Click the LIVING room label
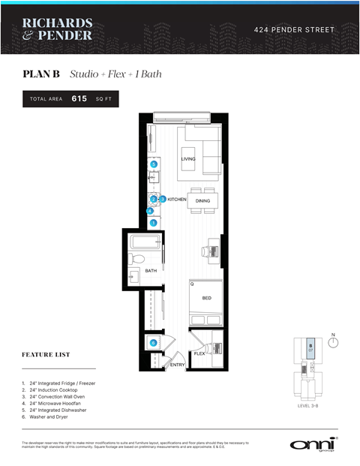(187, 159)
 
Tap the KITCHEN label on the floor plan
(176, 199)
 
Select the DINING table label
(202, 201)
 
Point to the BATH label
(151, 270)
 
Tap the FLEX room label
(199, 353)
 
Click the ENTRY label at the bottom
(177, 365)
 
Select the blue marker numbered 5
(154, 164)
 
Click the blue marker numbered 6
(154, 343)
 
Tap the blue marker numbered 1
(153, 223)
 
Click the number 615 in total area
(79, 98)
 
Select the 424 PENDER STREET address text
(295, 30)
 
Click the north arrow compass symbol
(334, 342)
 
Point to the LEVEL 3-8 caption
(309, 405)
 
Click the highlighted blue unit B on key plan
(310, 349)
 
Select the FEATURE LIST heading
(46, 354)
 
